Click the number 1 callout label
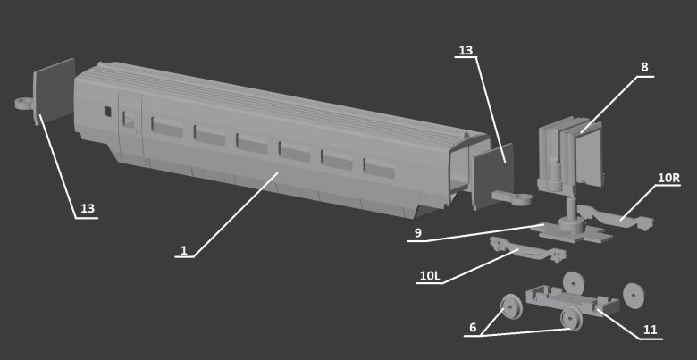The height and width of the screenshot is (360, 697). tap(184, 250)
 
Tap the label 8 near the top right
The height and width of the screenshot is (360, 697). tap(644, 67)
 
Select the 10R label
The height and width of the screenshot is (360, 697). tap(669, 178)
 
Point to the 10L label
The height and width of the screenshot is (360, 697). tap(430, 276)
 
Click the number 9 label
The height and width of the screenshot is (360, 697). tap(418, 233)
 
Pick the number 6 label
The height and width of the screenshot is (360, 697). tap(473, 328)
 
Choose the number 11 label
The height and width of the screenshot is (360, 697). tap(651, 330)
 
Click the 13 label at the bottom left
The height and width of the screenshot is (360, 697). tap(88, 208)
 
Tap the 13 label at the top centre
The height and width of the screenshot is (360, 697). tap(466, 50)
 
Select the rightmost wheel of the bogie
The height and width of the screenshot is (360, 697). tap(634, 294)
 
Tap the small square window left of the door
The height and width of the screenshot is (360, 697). tap(107, 111)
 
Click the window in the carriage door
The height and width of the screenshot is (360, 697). tap(129, 119)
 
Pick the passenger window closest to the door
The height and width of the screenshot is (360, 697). tap(167, 127)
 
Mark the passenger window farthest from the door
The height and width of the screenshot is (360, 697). tap(379, 168)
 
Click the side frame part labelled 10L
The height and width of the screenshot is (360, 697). tap(527, 250)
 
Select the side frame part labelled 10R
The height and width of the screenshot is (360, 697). tap(616, 217)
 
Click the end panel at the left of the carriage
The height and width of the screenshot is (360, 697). tap(55, 91)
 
